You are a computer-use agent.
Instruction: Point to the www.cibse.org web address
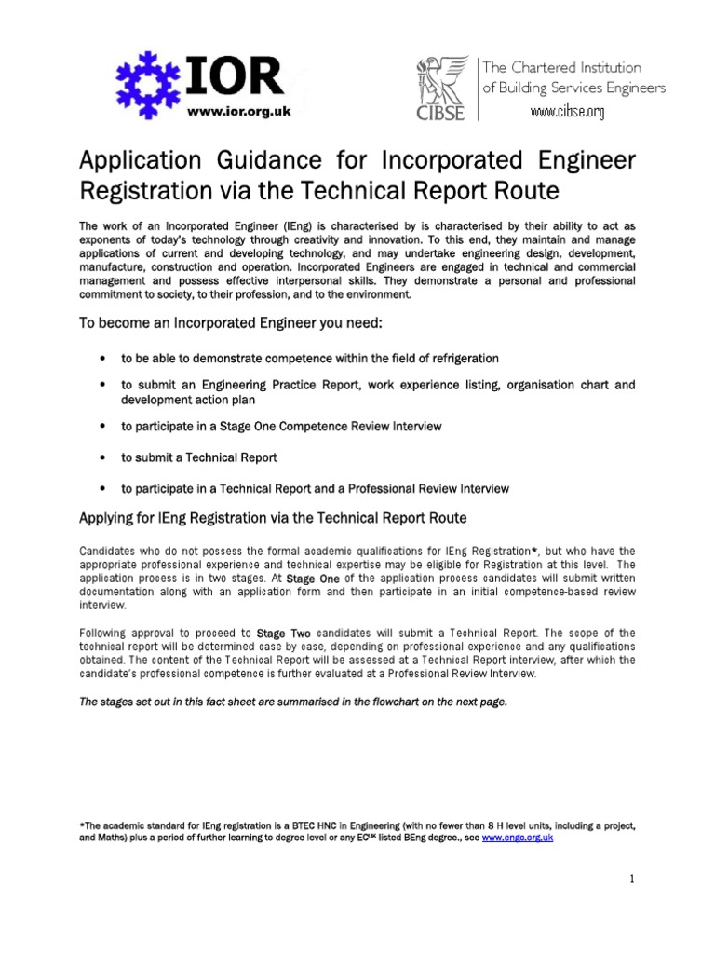[567, 113]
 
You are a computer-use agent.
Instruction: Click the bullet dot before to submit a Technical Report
[101, 458]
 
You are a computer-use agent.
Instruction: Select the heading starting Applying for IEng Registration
[274, 517]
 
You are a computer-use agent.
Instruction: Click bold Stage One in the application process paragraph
[313, 579]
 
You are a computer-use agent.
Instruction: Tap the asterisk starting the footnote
[82, 825]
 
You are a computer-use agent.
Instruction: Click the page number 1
[631, 879]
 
